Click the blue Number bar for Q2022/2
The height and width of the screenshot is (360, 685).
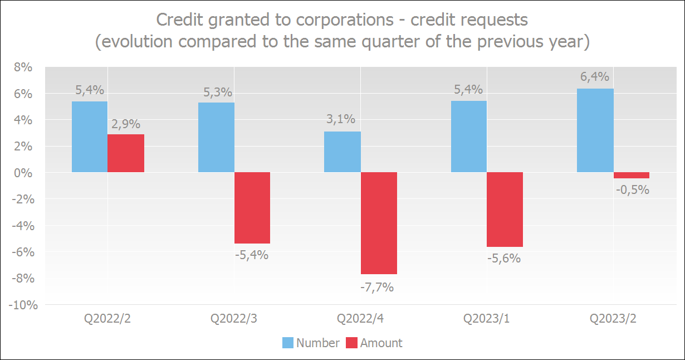click(x=90, y=137)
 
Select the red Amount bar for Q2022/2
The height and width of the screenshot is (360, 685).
click(x=126, y=153)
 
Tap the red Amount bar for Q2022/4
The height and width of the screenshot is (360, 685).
click(x=379, y=223)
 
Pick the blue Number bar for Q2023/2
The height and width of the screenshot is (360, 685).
click(x=595, y=130)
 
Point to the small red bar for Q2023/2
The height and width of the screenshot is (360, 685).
click(x=632, y=175)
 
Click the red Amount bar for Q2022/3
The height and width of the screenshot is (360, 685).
click(x=252, y=208)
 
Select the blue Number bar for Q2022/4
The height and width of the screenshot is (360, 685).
click(x=342, y=152)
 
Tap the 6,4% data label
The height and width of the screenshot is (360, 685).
click(x=595, y=77)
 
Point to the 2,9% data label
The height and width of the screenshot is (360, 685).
click(x=126, y=124)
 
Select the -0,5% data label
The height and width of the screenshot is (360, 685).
click(x=633, y=189)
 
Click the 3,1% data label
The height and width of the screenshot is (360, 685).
click(x=341, y=119)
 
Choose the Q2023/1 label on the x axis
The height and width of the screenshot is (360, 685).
click(x=486, y=319)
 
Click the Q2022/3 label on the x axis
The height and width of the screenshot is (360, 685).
click(x=234, y=319)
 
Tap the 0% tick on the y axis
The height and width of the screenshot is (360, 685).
click(x=25, y=173)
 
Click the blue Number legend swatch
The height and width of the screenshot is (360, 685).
click(x=287, y=343)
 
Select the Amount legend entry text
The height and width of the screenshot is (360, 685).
click(x=381, y=343)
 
